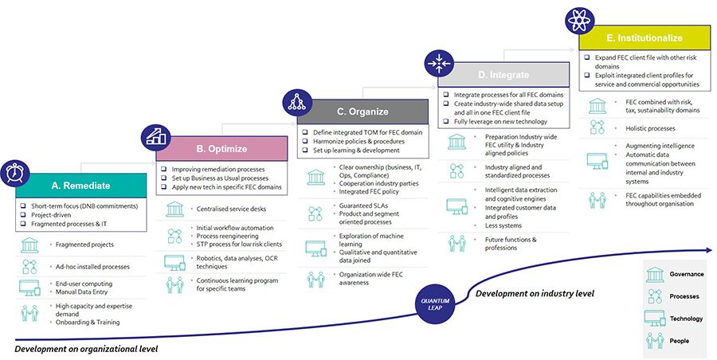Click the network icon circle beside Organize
pos(298,101)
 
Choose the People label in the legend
pos(679,340)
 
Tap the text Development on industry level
pos(535,294)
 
